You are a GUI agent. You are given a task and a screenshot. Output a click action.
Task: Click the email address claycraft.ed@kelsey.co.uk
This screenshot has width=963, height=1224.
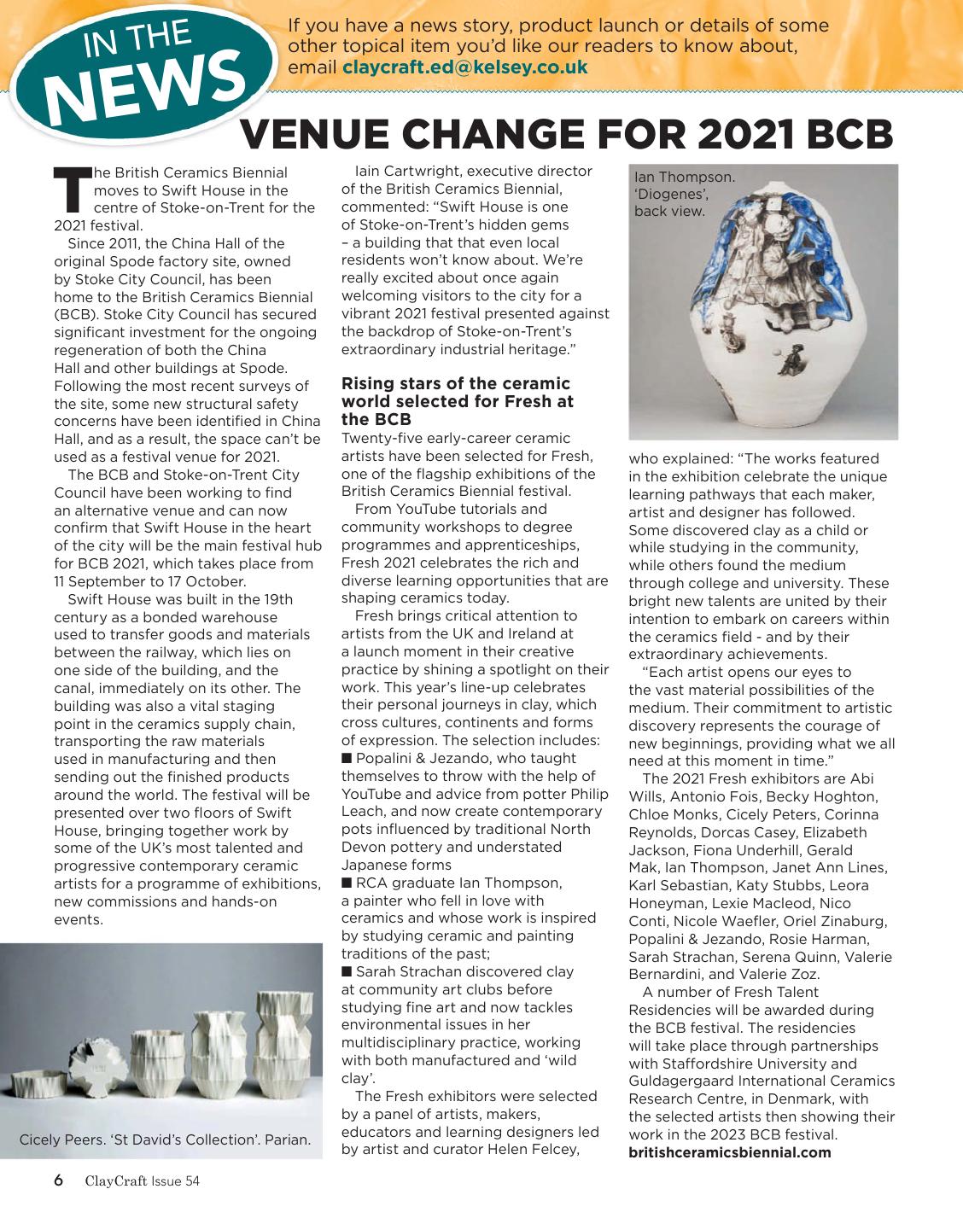click(464, 67)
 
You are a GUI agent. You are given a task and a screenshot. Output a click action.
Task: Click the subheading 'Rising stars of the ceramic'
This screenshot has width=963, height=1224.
click(456, 384)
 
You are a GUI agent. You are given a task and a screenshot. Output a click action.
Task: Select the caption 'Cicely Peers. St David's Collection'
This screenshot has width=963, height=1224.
click(165, 1140)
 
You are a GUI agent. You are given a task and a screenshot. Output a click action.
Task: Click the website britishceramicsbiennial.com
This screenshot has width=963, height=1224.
click(730, 1152)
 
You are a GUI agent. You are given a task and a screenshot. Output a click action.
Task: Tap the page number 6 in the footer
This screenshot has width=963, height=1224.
click(58, 1181)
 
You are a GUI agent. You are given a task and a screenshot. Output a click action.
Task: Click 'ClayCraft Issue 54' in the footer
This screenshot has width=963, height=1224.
click(142, 1182)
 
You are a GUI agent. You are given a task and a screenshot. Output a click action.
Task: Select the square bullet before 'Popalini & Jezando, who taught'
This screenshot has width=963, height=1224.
click(347, 759)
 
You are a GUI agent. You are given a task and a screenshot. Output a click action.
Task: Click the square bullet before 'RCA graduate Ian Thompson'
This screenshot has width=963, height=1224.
click(347, 883)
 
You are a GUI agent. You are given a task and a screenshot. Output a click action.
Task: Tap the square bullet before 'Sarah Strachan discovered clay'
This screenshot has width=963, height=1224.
click(347, 971)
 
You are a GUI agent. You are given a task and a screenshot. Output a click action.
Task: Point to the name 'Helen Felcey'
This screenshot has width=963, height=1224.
click(532, 1150)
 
